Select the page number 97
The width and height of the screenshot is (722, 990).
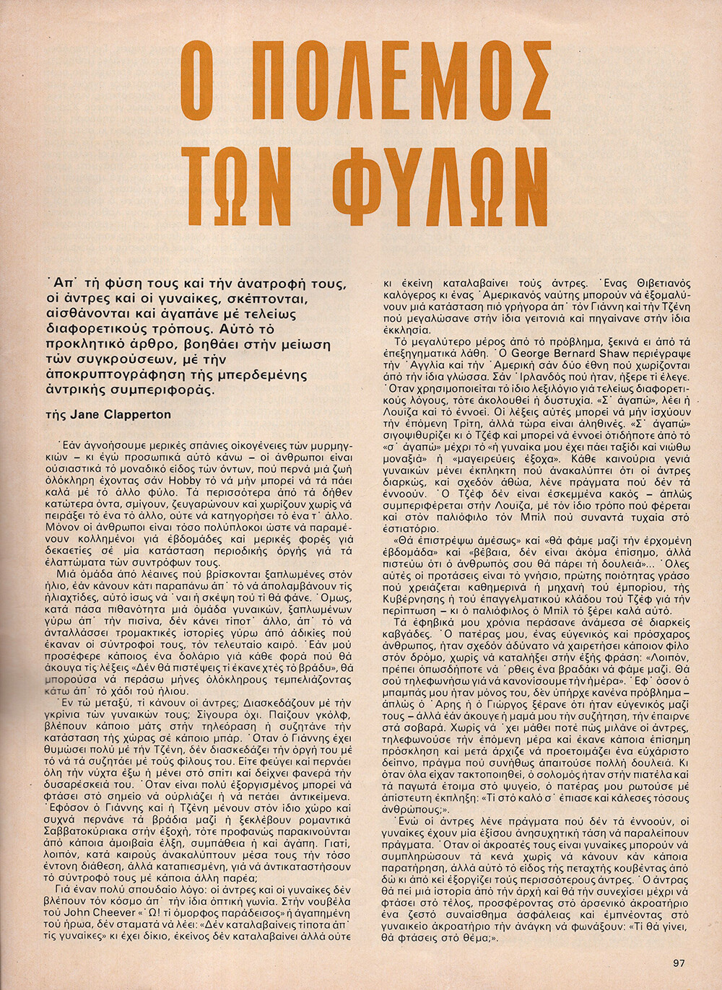(x=678, y=963)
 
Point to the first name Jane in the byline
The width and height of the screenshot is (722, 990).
(x=86, y=414)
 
